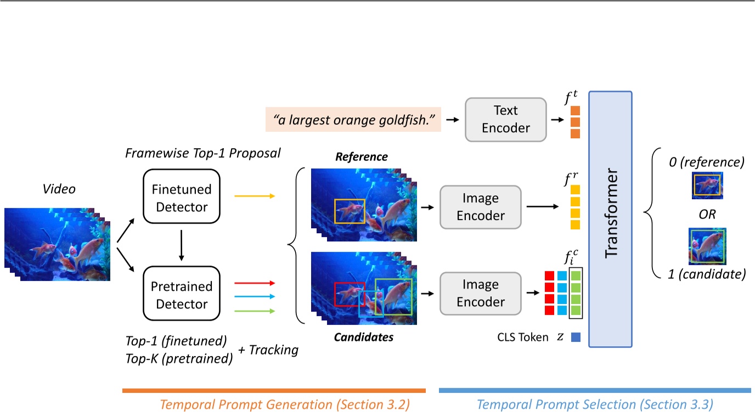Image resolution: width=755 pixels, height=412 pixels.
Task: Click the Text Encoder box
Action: tap(505, 119)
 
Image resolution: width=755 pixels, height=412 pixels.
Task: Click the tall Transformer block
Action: tap(610, 219)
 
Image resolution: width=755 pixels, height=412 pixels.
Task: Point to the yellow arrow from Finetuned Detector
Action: tap(253, 196)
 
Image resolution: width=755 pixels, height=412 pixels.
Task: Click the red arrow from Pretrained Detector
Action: tap(253, 283)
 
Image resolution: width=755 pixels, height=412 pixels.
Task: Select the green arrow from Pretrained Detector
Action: tap(253, 311)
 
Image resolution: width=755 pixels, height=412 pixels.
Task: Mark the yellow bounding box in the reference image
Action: tap(350, 211)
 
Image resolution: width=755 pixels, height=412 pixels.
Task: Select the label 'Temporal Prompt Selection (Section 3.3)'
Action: tap(595, 405)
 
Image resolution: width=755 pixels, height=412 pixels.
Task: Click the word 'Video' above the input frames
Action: tap(59, 189)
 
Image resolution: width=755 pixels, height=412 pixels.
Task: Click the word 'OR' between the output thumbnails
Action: tap(707, 215)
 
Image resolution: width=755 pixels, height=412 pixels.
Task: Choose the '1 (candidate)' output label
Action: tap(707, 274)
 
